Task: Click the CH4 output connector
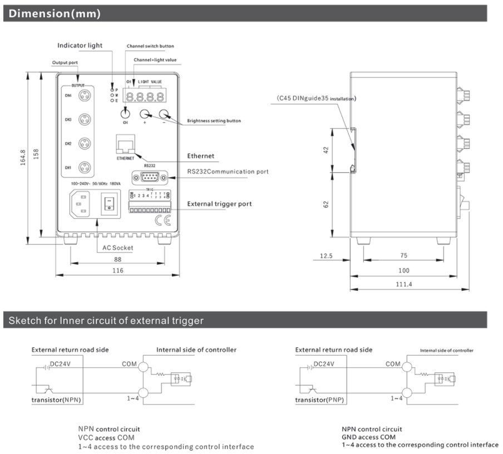click(85, 96)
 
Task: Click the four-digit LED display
click(145, 96)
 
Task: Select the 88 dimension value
click(117, 258)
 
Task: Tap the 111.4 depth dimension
click(404, 285)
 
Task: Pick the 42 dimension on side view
click(327, 150)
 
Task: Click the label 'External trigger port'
click(219, 204)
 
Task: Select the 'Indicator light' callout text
click(80, 45)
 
